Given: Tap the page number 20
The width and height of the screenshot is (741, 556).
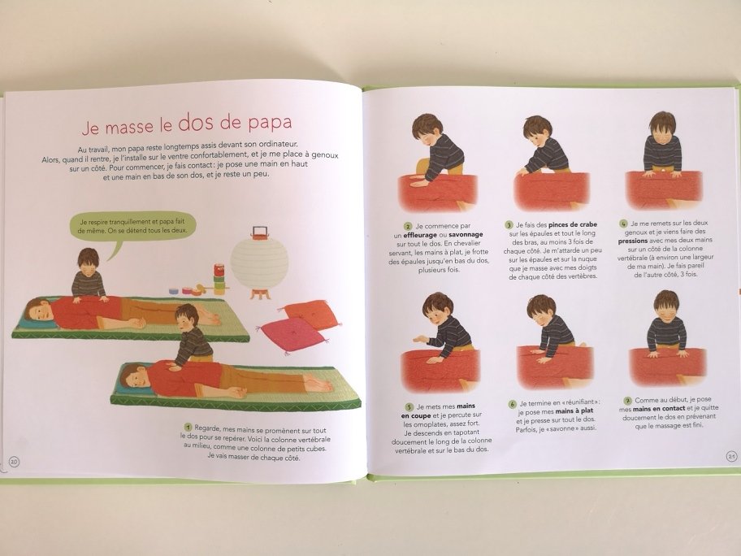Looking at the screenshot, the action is [x=14, y=462].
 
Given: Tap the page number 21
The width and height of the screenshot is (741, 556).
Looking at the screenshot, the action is [x=731, y=456].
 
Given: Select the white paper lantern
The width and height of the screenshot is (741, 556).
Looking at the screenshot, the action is [x=259, y=263].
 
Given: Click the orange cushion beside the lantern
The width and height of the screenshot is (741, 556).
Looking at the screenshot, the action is [x=311, y=314].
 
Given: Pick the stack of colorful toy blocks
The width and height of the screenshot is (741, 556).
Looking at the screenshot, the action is [x=219, y=279].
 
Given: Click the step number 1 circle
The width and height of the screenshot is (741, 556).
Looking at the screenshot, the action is [x=188, y=428].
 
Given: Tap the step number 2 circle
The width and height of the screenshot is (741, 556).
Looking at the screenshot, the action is [x=407, y=226].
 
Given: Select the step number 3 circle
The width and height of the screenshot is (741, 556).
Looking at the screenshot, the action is [x=509, y=225].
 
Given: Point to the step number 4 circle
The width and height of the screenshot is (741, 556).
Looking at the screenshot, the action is [x=623, y=224].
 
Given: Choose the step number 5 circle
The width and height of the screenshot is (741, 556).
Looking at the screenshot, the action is [x=409, y=406].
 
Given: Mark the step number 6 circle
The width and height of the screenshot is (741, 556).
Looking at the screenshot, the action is [x=512, y=404].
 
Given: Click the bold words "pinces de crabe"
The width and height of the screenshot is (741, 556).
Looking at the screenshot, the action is [x=572, y=224].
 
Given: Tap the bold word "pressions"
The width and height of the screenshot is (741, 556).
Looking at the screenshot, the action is [x=632, y=241].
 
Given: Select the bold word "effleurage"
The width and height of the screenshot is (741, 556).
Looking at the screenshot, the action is [x=419, y=234].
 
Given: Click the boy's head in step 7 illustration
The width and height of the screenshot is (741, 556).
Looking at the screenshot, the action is [x=666, y=305].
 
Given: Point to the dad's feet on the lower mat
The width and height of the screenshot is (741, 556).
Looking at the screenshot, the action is [x=318, y=383].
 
